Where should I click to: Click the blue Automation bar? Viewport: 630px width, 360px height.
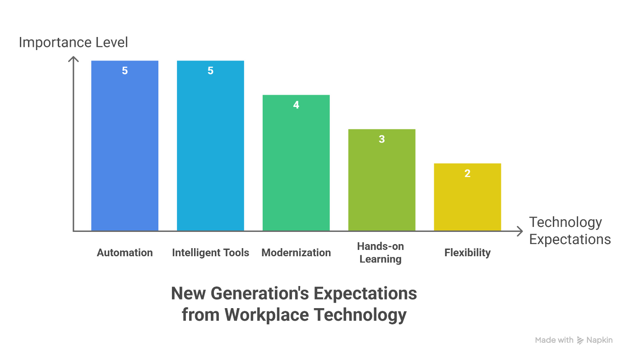[x=125, y=149]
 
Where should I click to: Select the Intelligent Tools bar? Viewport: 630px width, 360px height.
[x=210, y=149]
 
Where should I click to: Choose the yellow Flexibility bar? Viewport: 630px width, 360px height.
[x=468, y=198]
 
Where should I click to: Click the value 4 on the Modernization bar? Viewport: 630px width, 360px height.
[x=296, y=105]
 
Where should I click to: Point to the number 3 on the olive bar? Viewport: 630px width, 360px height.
[x=382, y=139]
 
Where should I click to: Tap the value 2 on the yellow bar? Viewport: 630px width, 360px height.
[x=468, y=174]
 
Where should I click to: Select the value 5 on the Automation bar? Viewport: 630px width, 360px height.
[x=125, y=71]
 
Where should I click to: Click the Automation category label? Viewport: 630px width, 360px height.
[x=125, y=253]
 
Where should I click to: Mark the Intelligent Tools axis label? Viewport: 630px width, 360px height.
[x=210, y=253]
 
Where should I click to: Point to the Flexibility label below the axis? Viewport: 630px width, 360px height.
[x=468, y=253]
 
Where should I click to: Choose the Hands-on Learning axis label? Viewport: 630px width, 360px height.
[x=380, y=253]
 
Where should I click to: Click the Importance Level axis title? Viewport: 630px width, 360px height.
[x=73, y=42]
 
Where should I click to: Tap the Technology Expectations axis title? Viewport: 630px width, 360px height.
[x=570, y=231]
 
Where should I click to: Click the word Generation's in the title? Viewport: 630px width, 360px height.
[x=260, y=294]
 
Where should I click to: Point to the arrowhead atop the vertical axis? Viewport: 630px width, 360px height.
[x=73, y=60]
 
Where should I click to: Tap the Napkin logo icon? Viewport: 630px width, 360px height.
[x=580, y=340]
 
